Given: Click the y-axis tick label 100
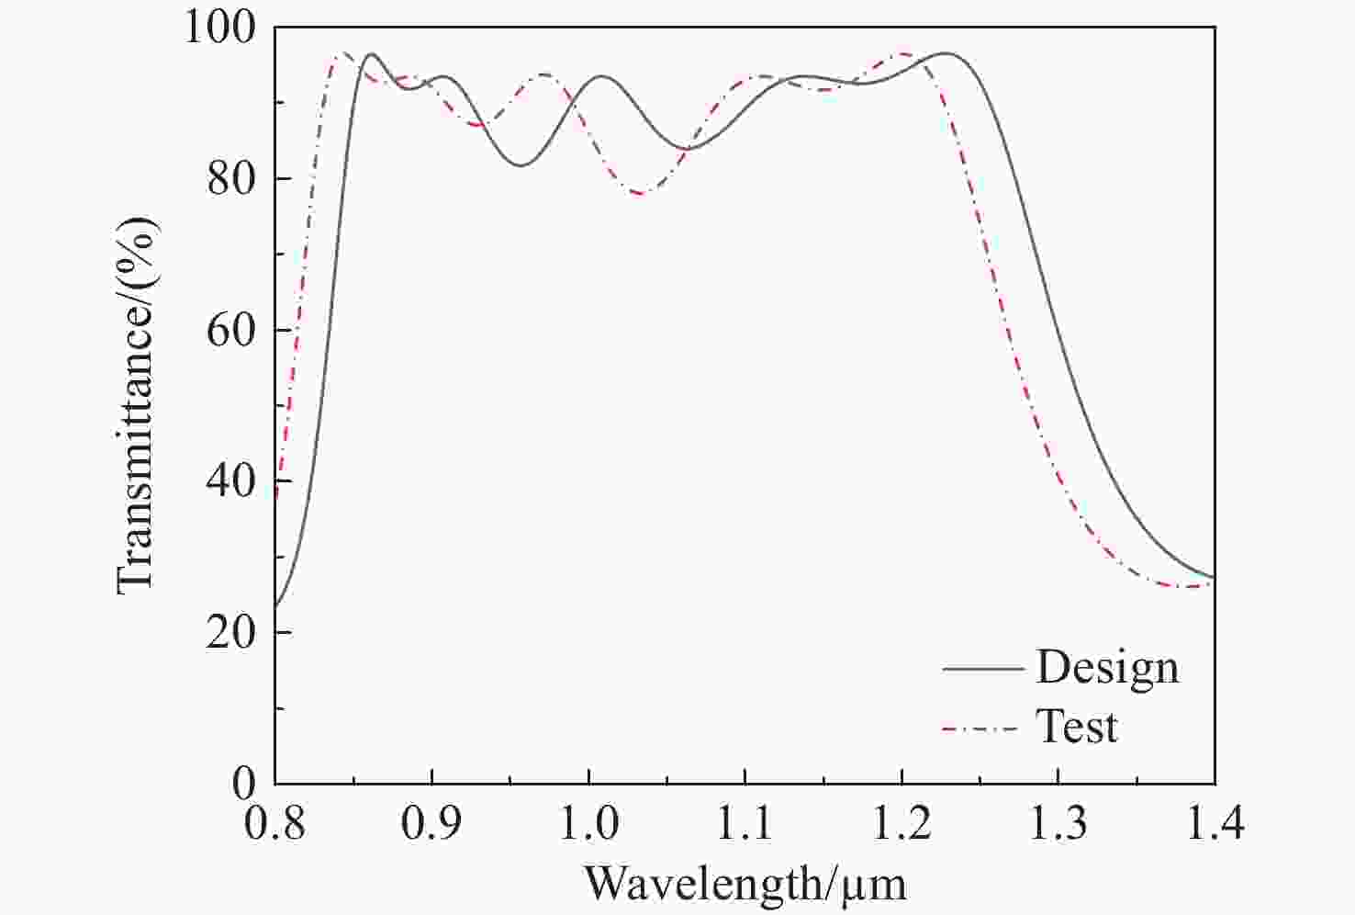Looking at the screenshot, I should [221, 27].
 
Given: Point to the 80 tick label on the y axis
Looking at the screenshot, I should [231, 178].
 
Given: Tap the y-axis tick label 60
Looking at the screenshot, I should [231, 330].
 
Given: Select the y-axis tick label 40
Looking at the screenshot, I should [231, 481].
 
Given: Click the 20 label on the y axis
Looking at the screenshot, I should [231, 633].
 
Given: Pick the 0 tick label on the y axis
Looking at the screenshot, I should [244, 784].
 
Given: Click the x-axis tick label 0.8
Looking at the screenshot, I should [275, 823].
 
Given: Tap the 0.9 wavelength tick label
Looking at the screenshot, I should [432, 823].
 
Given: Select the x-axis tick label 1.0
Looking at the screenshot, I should [588, 823].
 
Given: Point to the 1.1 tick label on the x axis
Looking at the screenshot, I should [745, 823].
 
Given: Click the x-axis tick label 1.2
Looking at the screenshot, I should [902, 823].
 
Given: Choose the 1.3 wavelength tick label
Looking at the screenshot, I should [1058, 823].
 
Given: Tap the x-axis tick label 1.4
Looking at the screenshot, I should [1215, 823].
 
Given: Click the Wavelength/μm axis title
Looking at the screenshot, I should [745, 884].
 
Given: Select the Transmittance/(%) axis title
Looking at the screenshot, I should [137, 405].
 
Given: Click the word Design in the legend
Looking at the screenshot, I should [1107, 668].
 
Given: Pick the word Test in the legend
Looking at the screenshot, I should [1077, 727].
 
